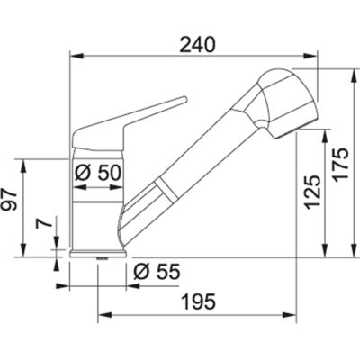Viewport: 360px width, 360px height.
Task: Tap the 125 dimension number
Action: coord(311,191)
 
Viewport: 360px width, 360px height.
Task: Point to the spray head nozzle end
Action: coord(302,120)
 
